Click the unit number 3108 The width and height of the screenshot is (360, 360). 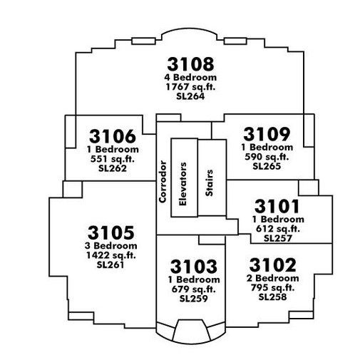pos(190,64)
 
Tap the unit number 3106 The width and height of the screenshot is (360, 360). pos(113,136)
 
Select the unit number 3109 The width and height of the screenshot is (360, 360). pos(267,134)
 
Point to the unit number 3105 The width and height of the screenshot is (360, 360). pos(111,232)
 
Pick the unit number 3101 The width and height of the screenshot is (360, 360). pos(277,206)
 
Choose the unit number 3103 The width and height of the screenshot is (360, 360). pos(194,266)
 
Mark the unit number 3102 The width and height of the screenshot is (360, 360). pos(273,265)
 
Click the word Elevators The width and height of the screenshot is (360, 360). pos(182,184)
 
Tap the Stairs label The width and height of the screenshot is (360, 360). pos(209,182)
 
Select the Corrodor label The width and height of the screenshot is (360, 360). pos(163,182)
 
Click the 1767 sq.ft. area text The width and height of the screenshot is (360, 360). pos(190,87)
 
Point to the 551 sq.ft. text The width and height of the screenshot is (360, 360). pos(113,159)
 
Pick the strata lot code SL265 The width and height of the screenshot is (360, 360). pos(267,166)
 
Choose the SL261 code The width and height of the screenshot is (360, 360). pos(110,264)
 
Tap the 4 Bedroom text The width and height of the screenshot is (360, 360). pos(190,78)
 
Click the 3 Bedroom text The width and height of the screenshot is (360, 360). pos(110,246)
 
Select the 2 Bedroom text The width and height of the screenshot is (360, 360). pos(272,278)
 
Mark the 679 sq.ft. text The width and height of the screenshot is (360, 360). pos(194,289)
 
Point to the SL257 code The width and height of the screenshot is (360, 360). pos(278,238)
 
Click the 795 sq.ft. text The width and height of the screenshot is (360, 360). pos(272,287)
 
